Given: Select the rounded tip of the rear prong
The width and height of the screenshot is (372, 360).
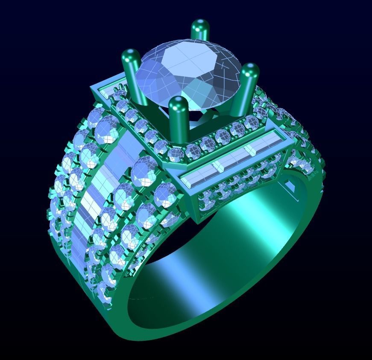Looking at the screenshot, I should coord(199,25).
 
